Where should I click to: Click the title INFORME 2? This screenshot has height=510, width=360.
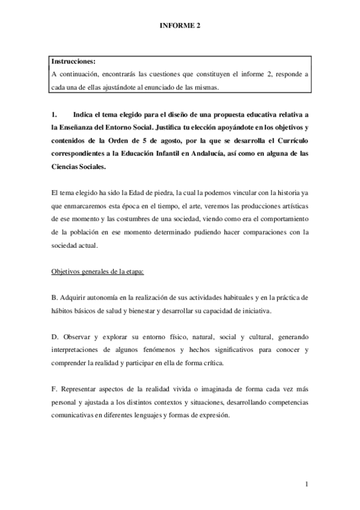coord(180,26)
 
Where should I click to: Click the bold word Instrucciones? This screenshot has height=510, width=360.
coord(73,61)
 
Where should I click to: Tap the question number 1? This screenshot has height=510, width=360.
coord(54,114)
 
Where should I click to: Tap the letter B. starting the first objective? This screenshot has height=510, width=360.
coord(54,298)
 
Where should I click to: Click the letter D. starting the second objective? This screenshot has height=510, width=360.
coord(54,337)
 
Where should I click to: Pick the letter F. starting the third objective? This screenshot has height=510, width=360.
coord(54,389)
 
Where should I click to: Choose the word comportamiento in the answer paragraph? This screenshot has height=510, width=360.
coord(280,218)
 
